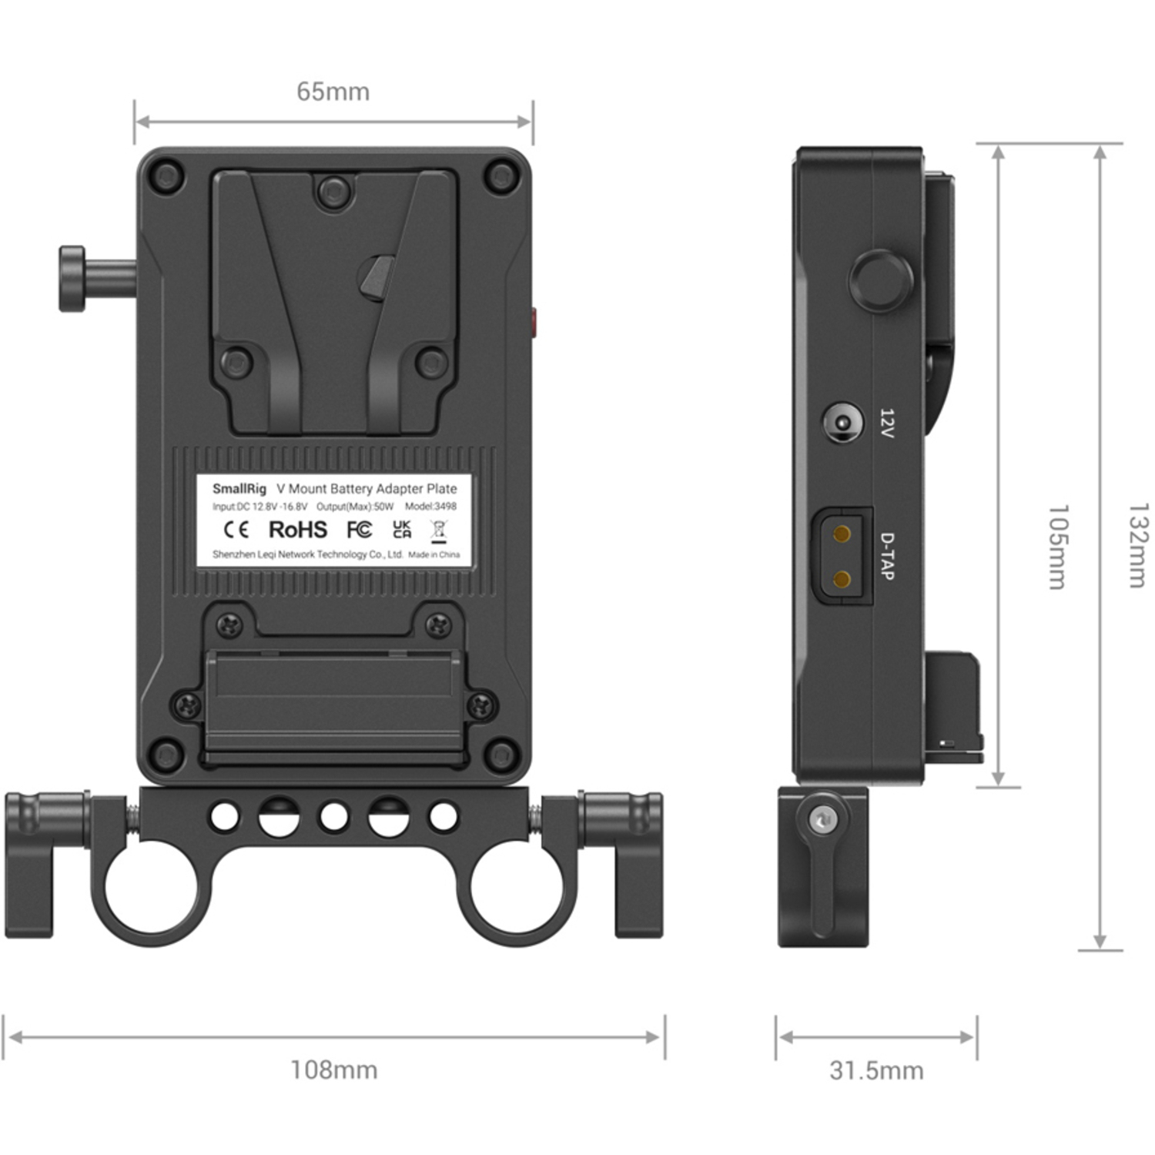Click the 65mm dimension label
click(333, 92)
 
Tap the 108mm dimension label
click(333, 1070)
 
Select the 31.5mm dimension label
click(876, 1070)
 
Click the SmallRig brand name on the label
click(239, 488)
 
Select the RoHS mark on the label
click(297, 530)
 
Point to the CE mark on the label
click(236, 530)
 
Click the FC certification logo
click(359, 530)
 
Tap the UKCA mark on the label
click(402, 529)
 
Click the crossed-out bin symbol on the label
click(438, 531)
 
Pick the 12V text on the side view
click(887, 423)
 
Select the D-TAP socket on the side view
click(842, 556)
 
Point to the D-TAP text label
click(887, 556)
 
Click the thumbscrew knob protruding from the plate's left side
click(73, 279)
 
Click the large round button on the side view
click(881, 280)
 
